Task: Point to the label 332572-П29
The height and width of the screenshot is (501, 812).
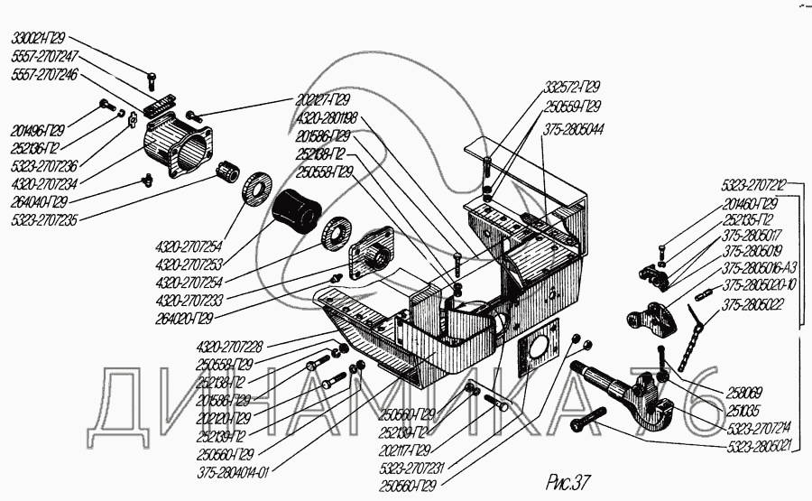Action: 571,88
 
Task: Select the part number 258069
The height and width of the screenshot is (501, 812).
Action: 743,392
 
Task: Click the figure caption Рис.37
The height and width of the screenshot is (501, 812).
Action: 568,476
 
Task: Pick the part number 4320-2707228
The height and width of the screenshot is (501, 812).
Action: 230,347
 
